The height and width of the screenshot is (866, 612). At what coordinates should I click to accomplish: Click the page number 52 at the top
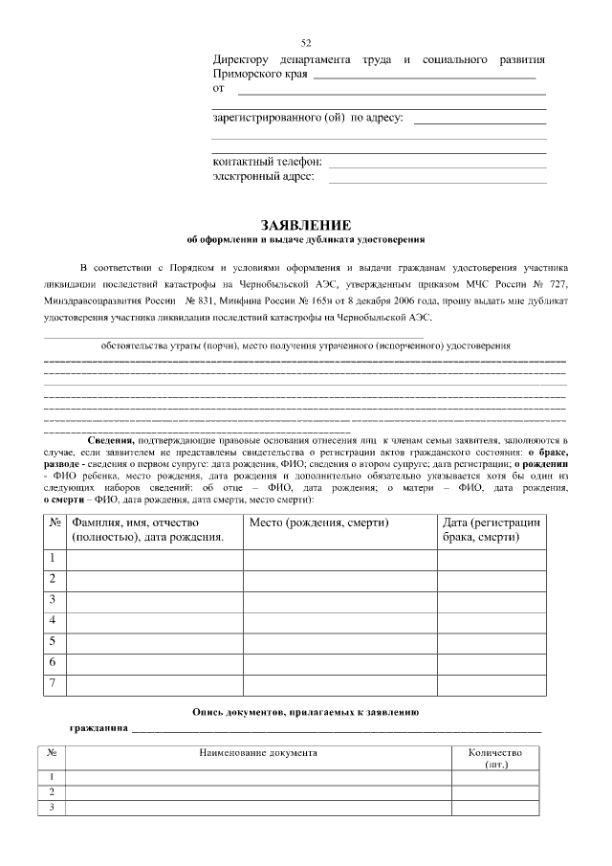306,43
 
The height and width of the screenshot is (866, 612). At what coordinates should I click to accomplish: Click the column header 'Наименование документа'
258,753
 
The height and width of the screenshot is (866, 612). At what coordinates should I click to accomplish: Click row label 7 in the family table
54,683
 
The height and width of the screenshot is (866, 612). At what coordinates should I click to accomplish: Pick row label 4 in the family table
54,620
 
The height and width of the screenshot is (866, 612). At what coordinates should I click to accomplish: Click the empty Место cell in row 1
339,558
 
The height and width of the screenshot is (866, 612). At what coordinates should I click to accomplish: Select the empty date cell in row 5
493,641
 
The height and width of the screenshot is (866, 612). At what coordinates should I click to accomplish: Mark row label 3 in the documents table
51,807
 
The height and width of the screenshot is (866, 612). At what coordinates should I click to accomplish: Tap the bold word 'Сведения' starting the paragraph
110,439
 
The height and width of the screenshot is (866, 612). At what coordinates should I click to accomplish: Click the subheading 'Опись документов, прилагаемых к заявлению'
305,712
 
